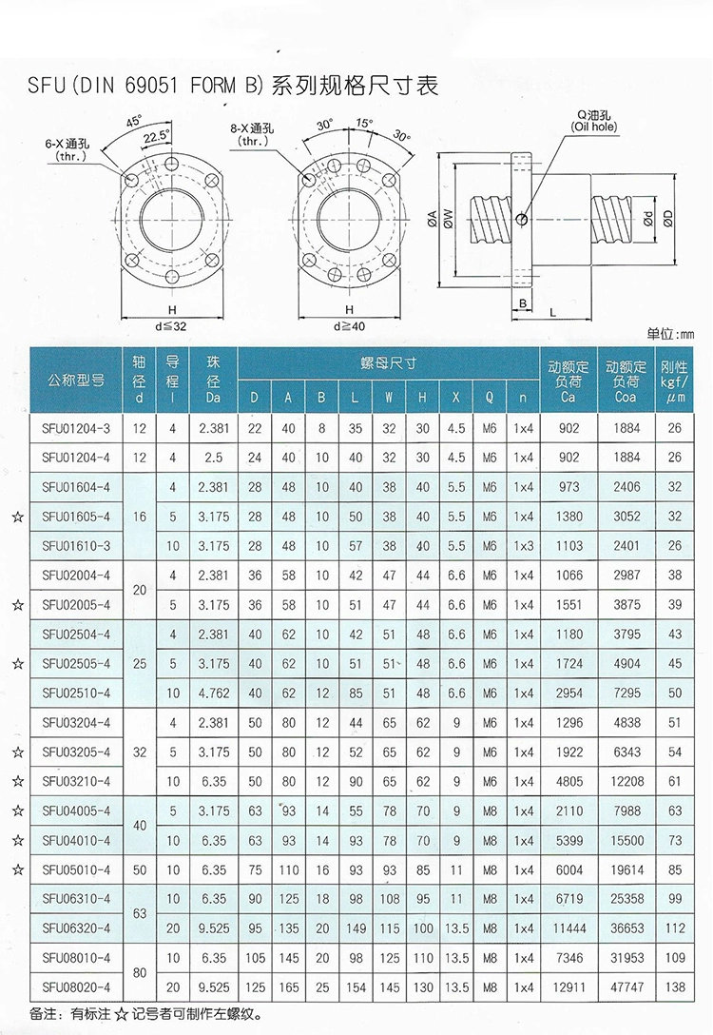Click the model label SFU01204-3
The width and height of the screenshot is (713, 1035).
77,428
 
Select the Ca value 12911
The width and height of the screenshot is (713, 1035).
568,987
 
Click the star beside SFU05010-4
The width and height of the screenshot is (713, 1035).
16,869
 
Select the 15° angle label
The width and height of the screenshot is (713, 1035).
364,123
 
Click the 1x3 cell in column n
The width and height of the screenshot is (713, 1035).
522,546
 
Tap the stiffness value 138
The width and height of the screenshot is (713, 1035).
675,987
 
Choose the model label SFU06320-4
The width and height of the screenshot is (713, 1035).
77,928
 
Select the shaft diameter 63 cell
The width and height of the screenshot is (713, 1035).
141,912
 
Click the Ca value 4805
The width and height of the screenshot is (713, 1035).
568,781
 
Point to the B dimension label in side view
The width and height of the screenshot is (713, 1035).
524,303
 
